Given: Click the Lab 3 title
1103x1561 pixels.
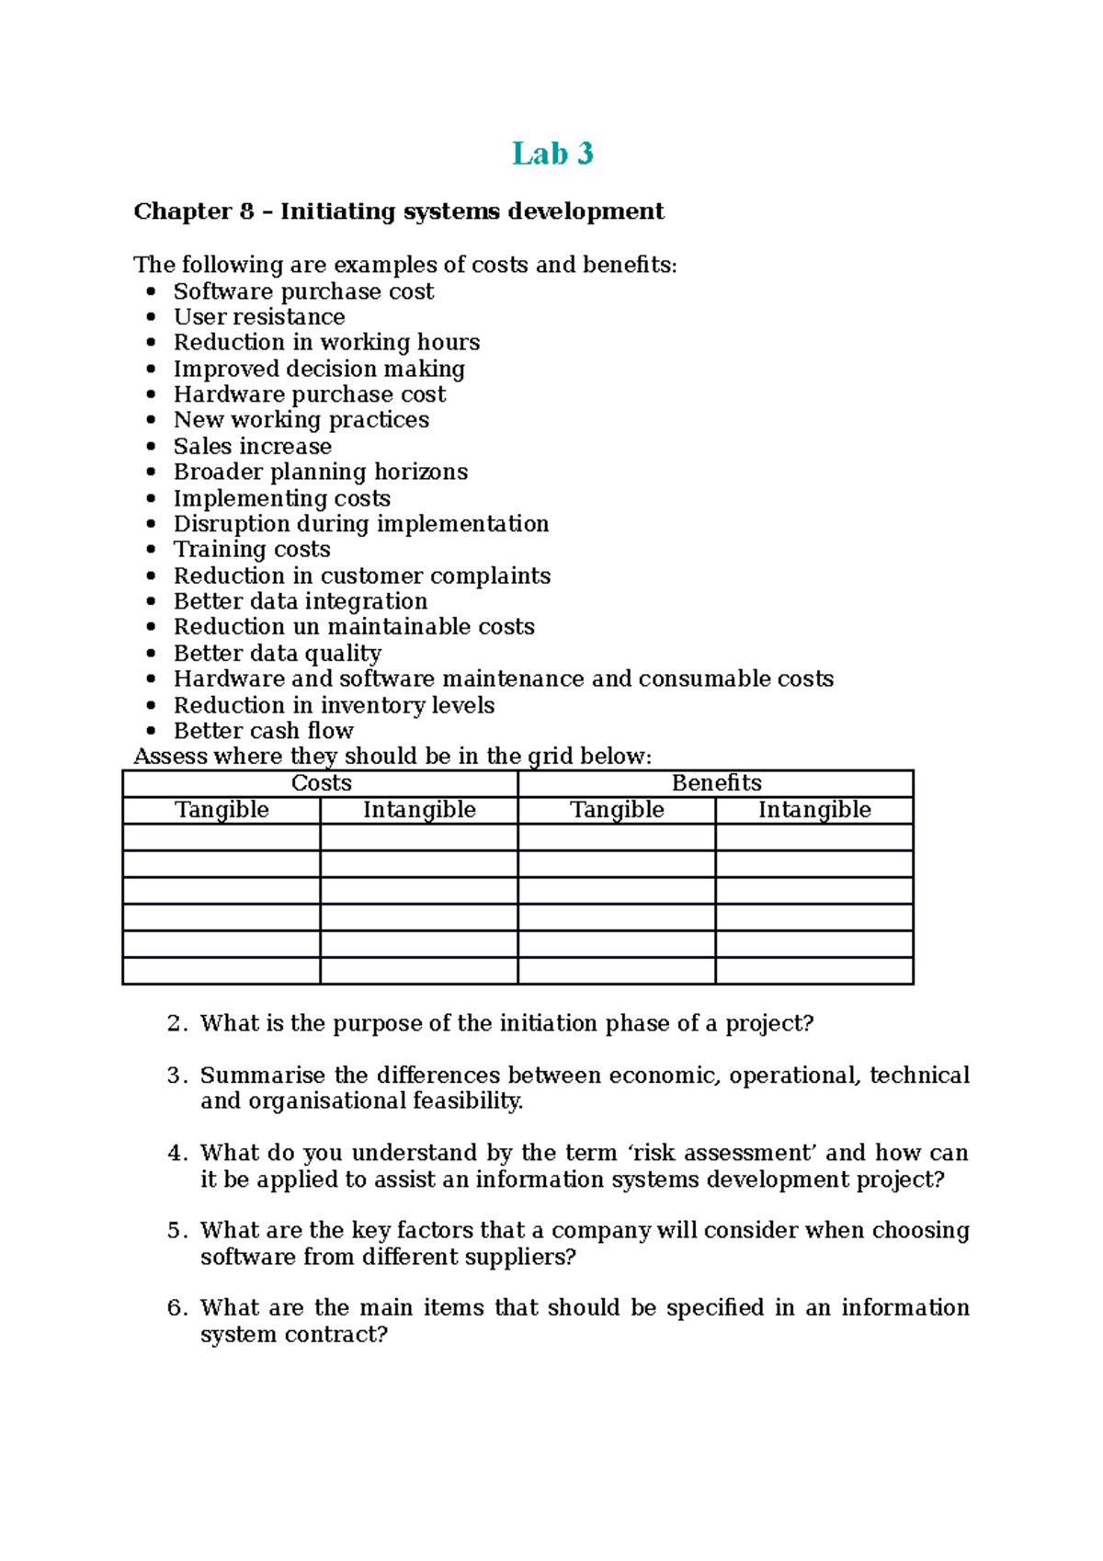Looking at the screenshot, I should click(x=552, y=154).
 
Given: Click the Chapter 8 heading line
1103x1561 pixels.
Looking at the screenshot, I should click(x=398, y=211).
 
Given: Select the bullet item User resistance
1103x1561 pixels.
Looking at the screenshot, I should click(x=259, y=317).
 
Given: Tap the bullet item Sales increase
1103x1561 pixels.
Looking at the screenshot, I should click(x=253, y=447).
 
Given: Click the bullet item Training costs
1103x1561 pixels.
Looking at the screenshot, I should click(x=252, y=550).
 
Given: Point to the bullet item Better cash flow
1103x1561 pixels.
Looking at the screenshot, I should click(x=264, y=731).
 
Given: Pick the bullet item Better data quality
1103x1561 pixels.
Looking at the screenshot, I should click(x=278, y=654).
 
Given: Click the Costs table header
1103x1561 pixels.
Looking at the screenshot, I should click(x=321, y=783).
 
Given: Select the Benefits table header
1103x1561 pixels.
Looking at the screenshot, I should click(x=716, y=783).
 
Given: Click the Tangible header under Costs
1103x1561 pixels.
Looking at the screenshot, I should click(x=222, y=810).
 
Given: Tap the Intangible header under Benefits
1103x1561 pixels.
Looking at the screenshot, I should click(x=814, y=810).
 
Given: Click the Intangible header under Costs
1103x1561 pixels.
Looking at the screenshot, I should click(x=419, y=810).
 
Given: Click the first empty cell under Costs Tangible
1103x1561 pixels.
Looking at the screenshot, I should click(x=222, y=837).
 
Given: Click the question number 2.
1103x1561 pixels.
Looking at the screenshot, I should click(x=176, y=1024).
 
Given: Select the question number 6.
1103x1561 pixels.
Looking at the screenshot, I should click(x=176, y=1308).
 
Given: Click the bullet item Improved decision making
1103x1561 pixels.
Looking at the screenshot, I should click(x=319, y=370).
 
